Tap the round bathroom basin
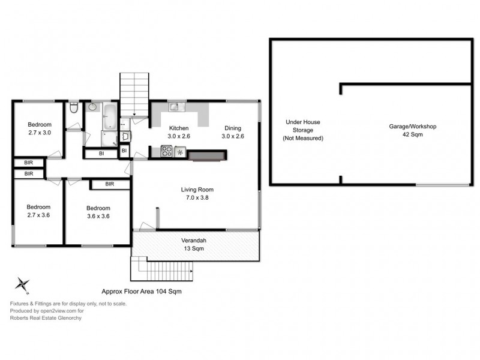coord(92,108)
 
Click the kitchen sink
coord(175,107)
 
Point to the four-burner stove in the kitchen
coord(166,153)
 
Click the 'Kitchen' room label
coord(179,128)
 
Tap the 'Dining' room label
coord(233,128)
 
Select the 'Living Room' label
coord(197,190)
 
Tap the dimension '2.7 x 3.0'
coord(40,133)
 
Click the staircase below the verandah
coord(161,268)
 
